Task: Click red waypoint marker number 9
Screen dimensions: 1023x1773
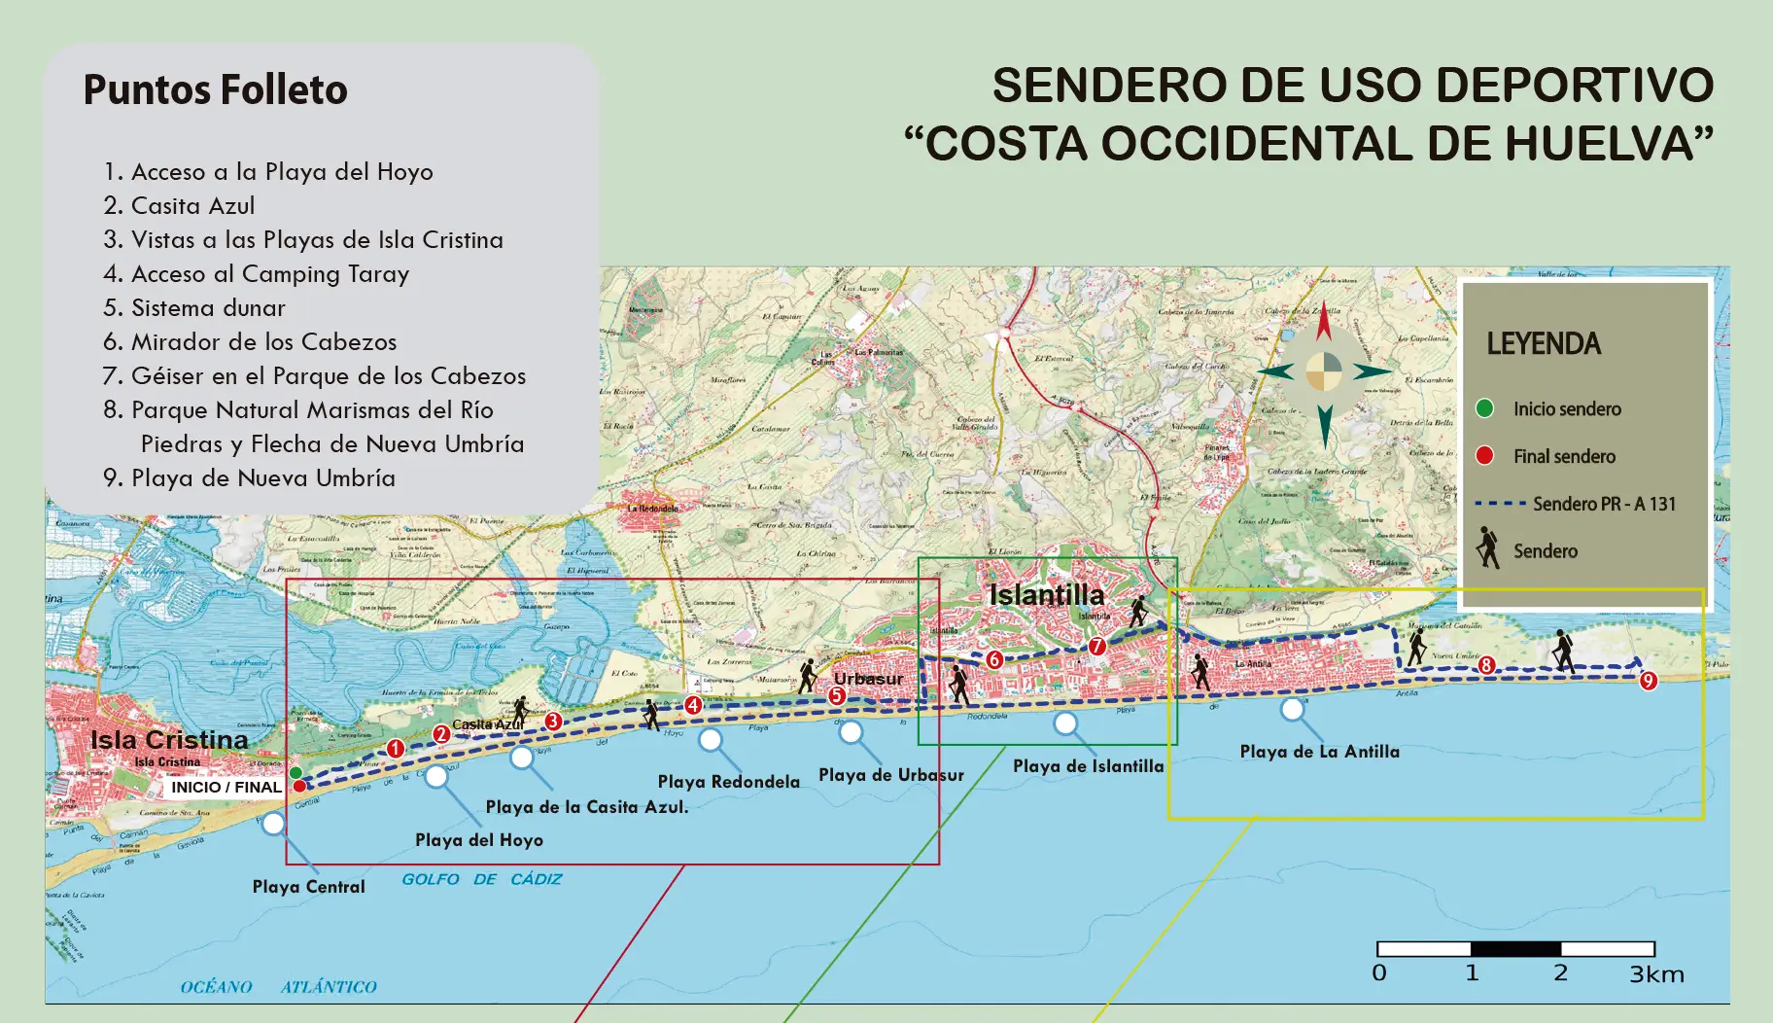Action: (x=1648, y=681)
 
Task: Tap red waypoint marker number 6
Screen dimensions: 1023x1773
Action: (x=993, y=659)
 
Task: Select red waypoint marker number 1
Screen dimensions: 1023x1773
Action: (x=395, y=749)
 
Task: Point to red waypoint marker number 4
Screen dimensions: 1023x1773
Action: (x=693, y=705)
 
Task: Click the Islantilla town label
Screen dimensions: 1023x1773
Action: (x=1047, y=594)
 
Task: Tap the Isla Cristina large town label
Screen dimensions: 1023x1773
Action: (x=169, y=740)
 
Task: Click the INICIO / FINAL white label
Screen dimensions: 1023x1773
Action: (x=226, y=787)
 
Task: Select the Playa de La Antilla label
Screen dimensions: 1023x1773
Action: (x=1319, y=752)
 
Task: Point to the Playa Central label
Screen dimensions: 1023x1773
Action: (x=308, y=887)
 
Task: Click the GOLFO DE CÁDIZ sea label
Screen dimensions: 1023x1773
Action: (x=482, y=879)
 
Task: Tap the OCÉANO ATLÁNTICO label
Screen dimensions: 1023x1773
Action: (x=278, y=987)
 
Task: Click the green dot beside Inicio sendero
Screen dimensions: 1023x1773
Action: (x=1484, y=408)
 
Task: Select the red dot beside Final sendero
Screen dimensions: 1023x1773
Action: (x=1484, y=456)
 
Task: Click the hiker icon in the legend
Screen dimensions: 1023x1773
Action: (x=1487, y=548)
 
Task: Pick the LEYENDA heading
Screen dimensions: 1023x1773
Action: (x=1544, y=343)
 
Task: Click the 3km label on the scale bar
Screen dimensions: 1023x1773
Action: (x=1656, y=974)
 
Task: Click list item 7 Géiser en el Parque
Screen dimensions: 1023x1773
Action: (x=314, y=375)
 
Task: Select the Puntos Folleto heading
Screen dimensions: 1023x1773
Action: (x=215, y=89)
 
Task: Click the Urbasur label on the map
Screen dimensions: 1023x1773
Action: (x=868, y=679)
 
